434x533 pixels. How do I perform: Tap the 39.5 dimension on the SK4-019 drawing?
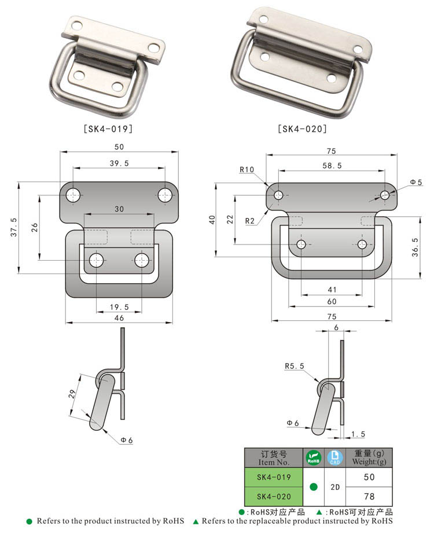pos(118,164)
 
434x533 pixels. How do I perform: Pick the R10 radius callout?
pos(247,169)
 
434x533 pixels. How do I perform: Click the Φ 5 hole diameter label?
pos(416,182)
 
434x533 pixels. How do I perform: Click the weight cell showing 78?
pos(369,497)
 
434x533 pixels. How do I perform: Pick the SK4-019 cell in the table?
pos(272,477)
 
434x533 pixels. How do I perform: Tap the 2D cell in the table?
pos(335,487)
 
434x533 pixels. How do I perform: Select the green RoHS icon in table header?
pos(313,458)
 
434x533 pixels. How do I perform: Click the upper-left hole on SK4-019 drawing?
pos(73,195)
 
